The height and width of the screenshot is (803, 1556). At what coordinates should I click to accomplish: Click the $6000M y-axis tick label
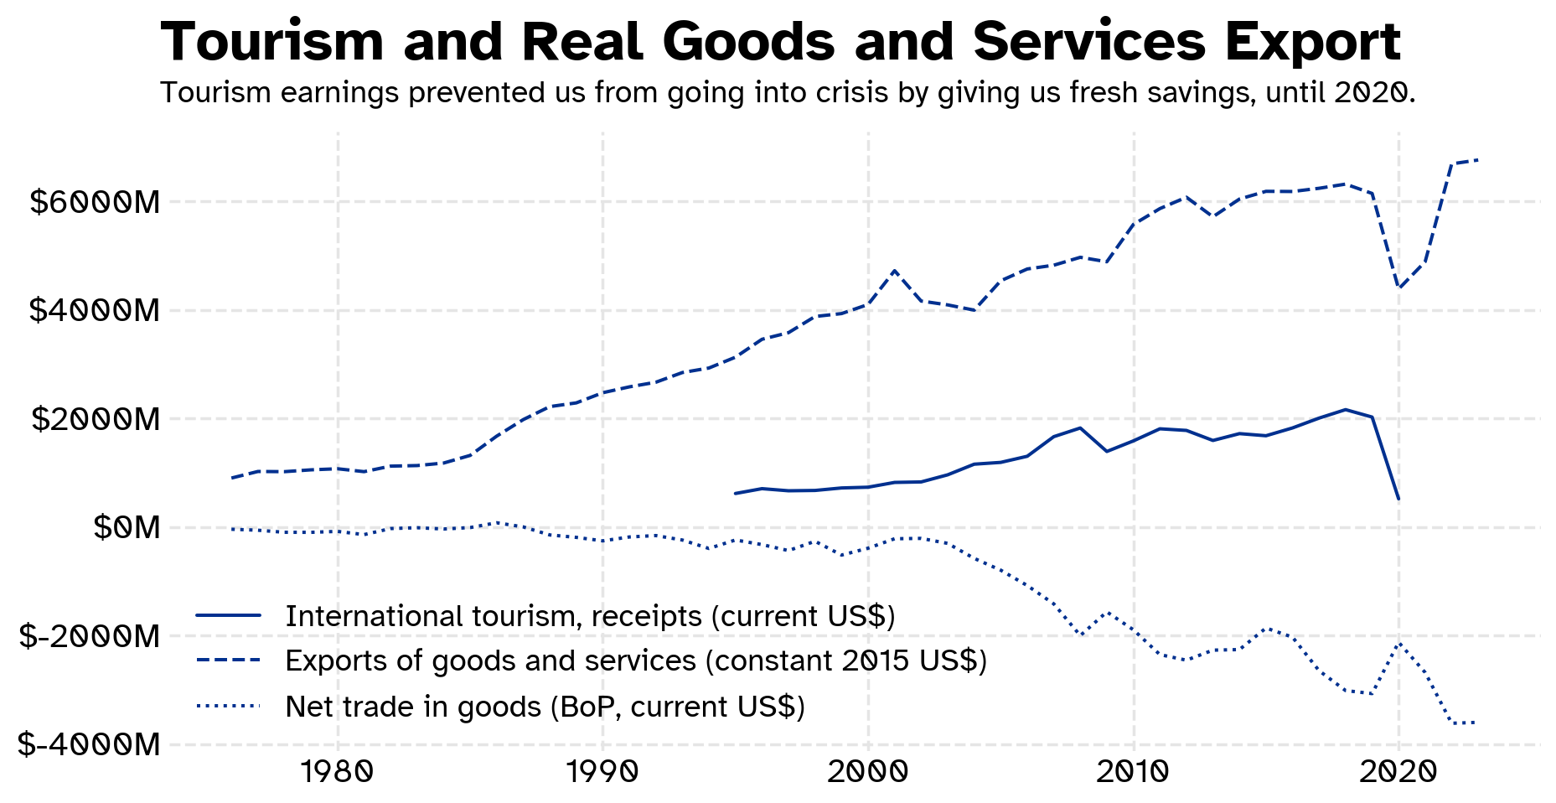pos(94,202)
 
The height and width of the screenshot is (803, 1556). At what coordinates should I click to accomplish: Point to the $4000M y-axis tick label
pos(94,311)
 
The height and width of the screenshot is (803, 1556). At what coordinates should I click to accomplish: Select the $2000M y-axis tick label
pos(95,419)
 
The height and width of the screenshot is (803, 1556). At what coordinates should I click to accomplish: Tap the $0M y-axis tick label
pos(126,527)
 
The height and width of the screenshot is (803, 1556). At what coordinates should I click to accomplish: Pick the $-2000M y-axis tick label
pos(89,636)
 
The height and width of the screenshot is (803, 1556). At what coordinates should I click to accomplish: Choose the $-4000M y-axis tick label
pos(89,744)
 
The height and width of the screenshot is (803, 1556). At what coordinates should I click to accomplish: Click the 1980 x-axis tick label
pos(337,772)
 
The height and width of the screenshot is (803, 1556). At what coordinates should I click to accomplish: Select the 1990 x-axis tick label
pos(602,772)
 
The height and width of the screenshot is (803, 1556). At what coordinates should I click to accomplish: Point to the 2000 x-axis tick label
pos(868,772)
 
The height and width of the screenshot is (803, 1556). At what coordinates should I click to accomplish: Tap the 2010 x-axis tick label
pos(1133,772)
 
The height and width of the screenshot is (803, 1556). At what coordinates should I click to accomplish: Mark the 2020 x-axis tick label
pos(1398,772)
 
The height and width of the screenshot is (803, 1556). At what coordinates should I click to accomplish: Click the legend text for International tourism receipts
pos(590,616)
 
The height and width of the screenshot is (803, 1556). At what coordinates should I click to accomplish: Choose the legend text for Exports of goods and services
pos(636,661)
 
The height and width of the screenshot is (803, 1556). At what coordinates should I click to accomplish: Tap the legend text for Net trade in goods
pos(545,707)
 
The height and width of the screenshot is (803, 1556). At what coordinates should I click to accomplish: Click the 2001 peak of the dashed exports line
pos(895,271)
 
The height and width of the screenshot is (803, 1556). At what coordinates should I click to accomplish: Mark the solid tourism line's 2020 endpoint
pos(1398,500)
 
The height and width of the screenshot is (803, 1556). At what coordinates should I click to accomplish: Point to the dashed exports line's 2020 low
pos(1398,288)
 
